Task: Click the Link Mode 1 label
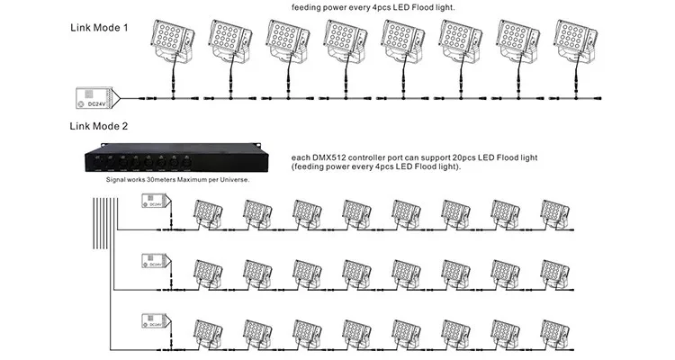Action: (99, 28)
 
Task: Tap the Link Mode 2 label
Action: (99, 126)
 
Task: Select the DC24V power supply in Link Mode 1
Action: (95, 96)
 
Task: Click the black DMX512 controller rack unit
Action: (173, 158)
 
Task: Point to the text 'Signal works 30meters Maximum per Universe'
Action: (176, 180)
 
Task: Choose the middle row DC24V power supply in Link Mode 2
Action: (154, 262)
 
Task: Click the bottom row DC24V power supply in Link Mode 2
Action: (154, 320)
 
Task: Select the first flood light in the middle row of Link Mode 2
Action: (208, 272)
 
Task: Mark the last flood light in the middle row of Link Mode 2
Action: (553, 272)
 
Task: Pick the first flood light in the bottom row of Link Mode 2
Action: (208, 329)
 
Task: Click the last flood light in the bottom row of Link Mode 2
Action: (553, 329)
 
